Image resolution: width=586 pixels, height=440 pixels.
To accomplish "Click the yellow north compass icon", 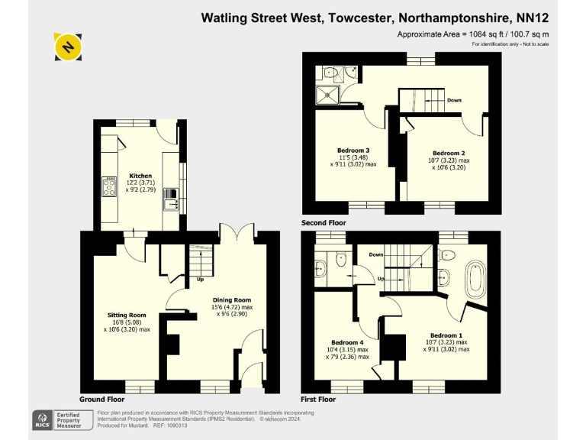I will point(68,47).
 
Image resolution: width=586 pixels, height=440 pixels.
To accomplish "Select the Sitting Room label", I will point(127,315).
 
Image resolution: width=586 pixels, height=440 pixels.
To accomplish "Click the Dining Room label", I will point(231,300).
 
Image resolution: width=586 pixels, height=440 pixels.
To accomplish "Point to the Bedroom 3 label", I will point(353,150).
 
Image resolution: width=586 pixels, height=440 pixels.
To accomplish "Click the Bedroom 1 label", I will point(446,335).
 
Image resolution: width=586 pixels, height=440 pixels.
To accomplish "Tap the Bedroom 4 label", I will point(347,342).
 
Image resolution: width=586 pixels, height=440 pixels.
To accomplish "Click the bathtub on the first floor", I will point(476,280).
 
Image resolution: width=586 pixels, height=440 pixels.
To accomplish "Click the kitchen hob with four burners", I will point(108,187).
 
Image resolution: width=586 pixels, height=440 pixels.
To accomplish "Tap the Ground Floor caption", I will point(101,399).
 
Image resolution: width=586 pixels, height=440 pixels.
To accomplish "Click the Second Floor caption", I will point(324,223).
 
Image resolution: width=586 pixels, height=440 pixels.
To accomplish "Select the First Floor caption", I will point(319,399).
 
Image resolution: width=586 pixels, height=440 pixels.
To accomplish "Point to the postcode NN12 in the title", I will point(533,17).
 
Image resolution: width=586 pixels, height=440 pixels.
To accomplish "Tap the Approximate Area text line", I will point(473,34).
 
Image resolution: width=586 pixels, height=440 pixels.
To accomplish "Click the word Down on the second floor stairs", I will point(454,100).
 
